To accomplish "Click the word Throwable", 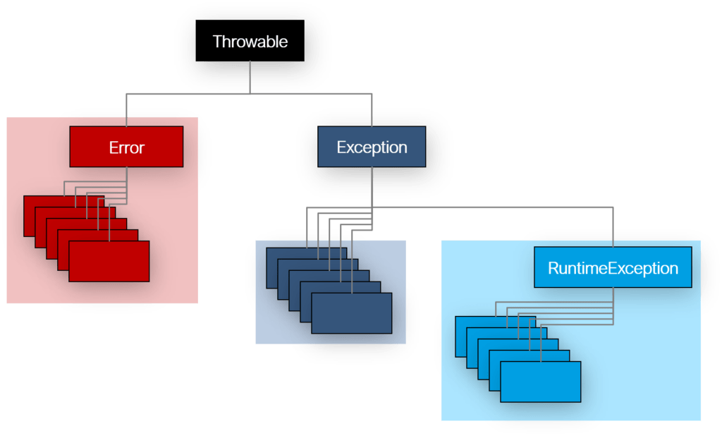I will point(250,42).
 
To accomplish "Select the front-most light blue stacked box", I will point(540,382).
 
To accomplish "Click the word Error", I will point(126,148).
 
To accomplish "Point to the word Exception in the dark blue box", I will point(372,147).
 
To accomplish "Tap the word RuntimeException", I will point(613,268).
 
